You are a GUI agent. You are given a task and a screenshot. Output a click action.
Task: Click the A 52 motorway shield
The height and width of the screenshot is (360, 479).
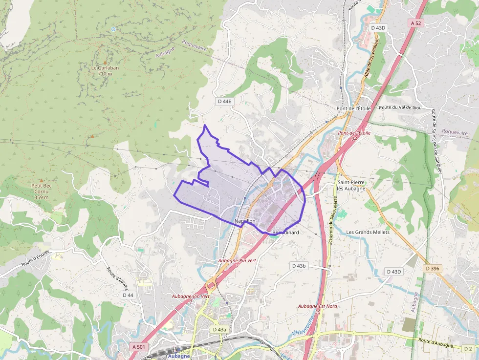[x=416, y=23]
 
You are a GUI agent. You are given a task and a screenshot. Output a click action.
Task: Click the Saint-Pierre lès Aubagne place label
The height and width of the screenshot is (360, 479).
[x=351, y=185]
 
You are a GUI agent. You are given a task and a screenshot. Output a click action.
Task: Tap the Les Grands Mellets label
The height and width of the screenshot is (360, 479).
[x=368, y=232]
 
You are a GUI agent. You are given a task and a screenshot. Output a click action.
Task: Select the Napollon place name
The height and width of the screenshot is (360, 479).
[x=245, y=221]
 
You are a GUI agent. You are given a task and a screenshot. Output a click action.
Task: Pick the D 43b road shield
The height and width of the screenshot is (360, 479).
[x=299, y=266]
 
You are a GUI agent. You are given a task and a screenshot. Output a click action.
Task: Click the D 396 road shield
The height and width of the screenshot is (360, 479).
[x=433, y=268]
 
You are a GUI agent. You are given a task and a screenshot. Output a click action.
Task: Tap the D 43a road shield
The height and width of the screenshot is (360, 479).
[x=219, y=330]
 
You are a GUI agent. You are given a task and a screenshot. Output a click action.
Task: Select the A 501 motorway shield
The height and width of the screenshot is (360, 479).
[x=138, y=346]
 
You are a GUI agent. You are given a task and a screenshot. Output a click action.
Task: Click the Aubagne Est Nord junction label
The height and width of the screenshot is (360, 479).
[x=318, y=309]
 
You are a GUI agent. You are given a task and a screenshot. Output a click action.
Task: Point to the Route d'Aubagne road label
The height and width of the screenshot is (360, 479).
[x=435, y=343]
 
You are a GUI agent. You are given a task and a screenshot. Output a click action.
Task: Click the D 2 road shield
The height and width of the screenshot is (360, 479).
[x=468, y=348]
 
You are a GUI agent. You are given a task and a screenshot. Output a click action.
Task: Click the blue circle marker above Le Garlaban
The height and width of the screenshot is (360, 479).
[x=113, y=29]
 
